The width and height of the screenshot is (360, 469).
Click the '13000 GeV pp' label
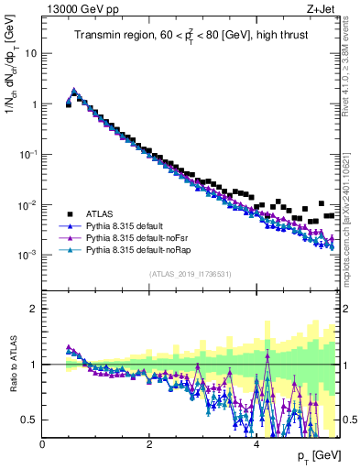point(80,10)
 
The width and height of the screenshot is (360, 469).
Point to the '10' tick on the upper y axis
point(31,53)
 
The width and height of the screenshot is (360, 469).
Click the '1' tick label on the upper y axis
point(35,104)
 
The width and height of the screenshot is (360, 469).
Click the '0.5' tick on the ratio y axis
point(29,420)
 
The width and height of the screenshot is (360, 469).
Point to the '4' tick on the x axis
point(256,444)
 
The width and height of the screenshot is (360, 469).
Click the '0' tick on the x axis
point(43,444)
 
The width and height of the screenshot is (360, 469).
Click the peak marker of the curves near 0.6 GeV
point(74,91)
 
